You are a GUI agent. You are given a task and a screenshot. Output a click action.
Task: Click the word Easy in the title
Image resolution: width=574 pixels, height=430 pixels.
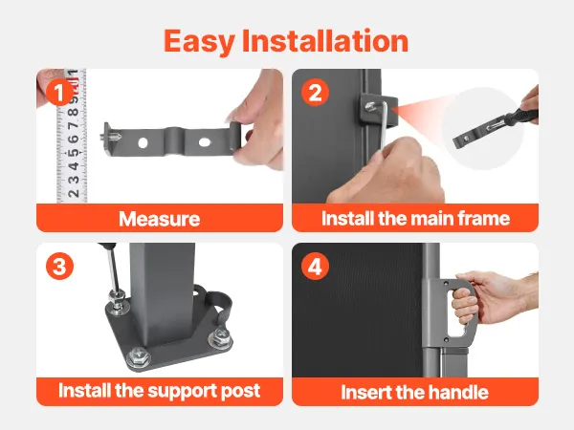tap(198, 42)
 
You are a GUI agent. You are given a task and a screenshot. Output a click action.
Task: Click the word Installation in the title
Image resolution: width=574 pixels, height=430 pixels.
tap(325, 40)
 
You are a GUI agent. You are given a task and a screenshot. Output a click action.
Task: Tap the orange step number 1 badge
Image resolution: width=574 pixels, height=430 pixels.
tap(59, 93)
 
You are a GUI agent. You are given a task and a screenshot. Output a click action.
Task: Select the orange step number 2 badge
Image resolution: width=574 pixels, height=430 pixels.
tap(315, 93)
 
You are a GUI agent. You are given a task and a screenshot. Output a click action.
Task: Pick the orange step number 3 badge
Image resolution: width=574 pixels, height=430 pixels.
tap(59, 267)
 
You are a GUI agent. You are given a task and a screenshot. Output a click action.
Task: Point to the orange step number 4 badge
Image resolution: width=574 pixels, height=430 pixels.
tap(315, 267)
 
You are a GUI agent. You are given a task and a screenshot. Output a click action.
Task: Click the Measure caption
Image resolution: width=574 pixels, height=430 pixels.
tap(159, 219)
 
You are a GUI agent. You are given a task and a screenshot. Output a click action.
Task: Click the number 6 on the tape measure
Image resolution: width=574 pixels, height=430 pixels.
tap(74, 139)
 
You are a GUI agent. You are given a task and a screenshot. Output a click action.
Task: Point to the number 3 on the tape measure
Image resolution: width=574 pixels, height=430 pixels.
tap(74, 180)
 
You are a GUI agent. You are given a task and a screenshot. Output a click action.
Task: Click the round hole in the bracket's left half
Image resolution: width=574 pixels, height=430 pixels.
tap(143, 143)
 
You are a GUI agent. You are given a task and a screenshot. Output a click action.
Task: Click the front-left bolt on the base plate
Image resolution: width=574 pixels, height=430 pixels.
tap(138, 355)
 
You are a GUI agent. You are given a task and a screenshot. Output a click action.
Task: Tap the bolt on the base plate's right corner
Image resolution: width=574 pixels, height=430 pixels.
tap(220, 337)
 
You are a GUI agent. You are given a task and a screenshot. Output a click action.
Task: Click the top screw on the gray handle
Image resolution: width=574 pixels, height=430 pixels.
tap(446, 284)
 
